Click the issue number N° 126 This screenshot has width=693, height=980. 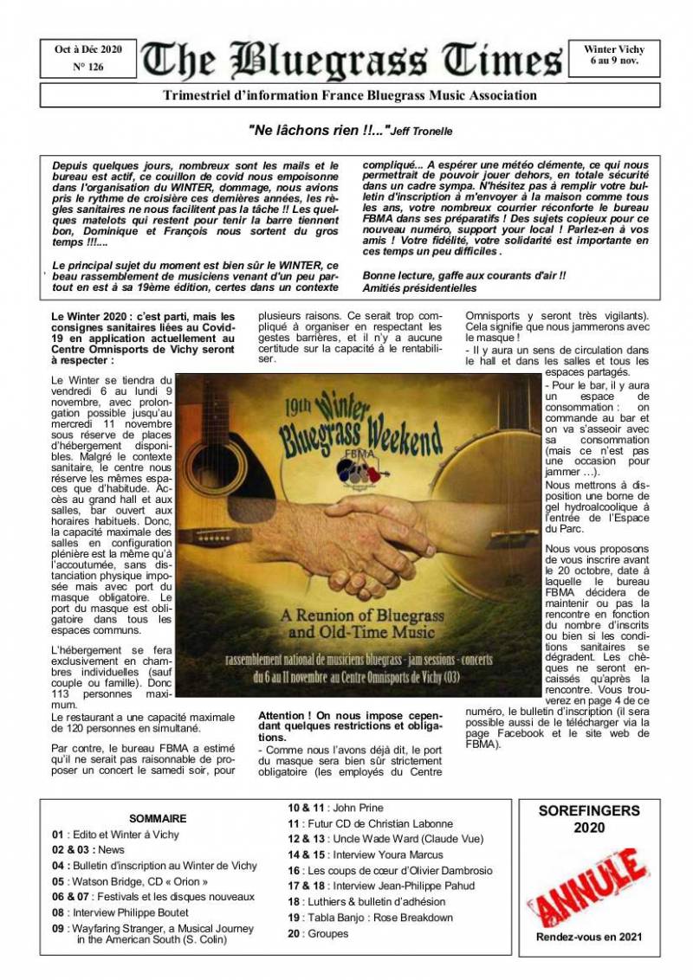click(88, 67)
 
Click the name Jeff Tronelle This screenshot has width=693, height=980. click(421, 132)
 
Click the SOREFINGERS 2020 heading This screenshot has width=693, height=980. click(589, 819)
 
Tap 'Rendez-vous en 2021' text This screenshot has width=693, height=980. click(589, 937)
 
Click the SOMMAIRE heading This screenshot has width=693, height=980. click(158, 818)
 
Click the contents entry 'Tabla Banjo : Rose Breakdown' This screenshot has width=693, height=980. click(370, 918)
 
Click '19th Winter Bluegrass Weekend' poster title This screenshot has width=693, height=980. click(359, 428)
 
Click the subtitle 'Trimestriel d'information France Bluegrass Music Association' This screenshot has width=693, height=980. click(349, 95)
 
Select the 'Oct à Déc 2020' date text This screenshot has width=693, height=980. click(88, 49)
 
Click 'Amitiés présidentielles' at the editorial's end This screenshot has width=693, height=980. click(419, 287)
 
